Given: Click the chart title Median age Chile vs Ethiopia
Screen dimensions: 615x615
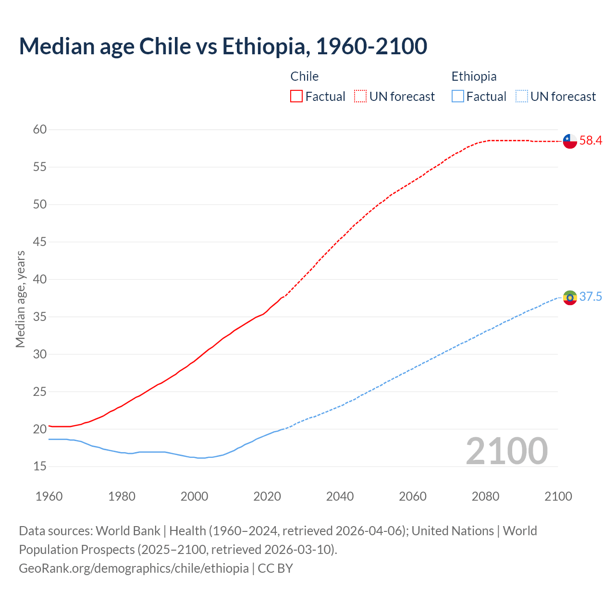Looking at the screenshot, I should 223,46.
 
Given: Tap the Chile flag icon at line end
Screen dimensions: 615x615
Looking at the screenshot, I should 570,141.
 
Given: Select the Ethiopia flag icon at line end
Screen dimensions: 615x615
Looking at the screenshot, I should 570,297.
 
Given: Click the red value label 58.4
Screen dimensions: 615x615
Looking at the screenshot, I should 590,141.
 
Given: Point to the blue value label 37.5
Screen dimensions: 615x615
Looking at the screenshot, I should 590,297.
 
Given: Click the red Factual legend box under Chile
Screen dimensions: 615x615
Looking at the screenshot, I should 296,97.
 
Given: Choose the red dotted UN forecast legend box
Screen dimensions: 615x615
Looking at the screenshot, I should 360,97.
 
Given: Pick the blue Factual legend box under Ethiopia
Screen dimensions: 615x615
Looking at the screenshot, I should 458,97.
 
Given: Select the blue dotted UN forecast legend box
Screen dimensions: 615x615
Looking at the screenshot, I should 521,97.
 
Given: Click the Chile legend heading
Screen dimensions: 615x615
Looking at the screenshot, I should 305,76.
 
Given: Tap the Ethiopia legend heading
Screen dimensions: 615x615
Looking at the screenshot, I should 474,76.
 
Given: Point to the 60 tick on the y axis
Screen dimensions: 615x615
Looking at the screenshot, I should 40,130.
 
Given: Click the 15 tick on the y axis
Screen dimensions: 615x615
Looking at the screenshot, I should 40,467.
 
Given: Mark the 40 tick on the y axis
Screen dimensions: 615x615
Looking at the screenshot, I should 40,279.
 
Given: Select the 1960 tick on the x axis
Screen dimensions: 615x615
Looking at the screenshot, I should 49,496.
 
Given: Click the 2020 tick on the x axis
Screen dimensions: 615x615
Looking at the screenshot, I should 267,496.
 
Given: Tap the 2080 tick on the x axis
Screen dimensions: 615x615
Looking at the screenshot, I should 485,496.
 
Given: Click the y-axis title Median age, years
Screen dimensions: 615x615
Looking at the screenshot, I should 20,299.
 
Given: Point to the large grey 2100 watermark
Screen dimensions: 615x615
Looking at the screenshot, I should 507,451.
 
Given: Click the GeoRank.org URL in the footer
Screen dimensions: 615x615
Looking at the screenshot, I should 134,568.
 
